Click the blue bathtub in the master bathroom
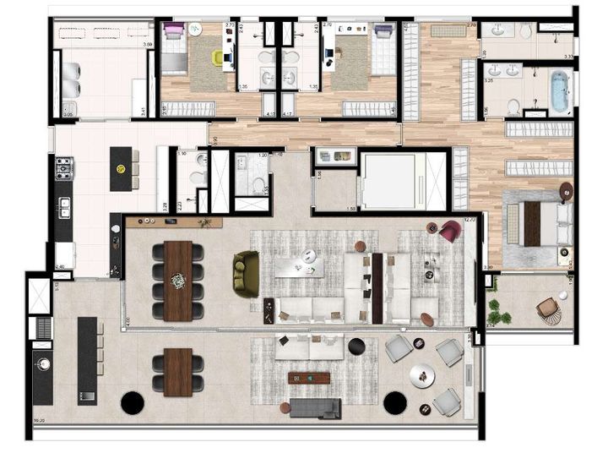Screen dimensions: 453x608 [560, 92]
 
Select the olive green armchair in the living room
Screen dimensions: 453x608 [247, 272]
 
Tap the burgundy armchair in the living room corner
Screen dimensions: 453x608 [449, 231]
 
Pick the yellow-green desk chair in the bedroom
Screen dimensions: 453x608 [219, 57]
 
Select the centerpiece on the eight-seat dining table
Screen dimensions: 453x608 [178, 281]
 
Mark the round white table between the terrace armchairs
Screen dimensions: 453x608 [419, 375]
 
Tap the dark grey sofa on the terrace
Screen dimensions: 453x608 [315, 408]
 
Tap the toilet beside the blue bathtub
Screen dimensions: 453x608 [514, 105]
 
